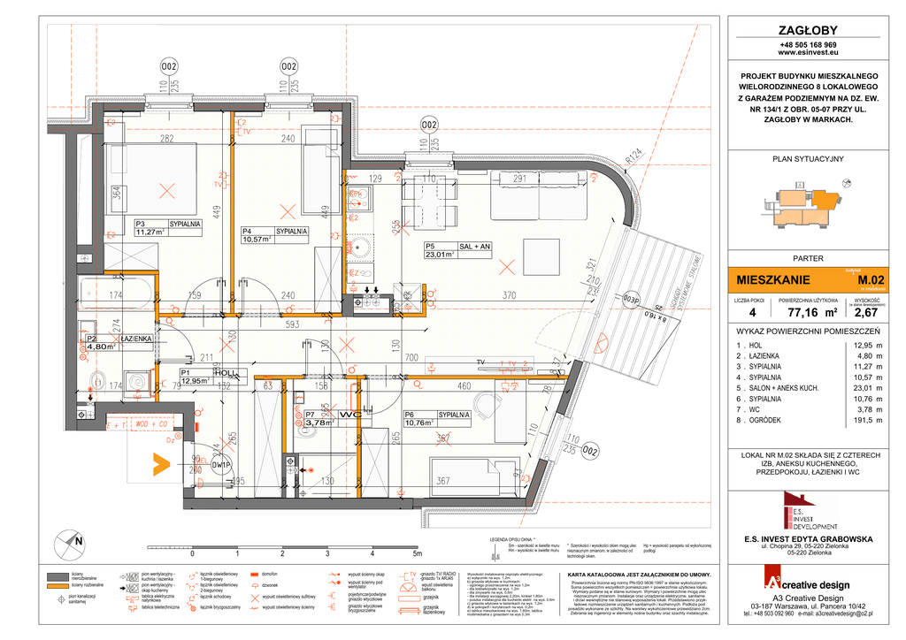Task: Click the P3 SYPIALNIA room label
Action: coord(167,225)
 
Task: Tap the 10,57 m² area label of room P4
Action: coord(261,239)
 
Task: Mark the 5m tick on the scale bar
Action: coord(417,554)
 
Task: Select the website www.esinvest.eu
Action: coord(808,53)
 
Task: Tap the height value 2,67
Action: coord(864,312)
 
